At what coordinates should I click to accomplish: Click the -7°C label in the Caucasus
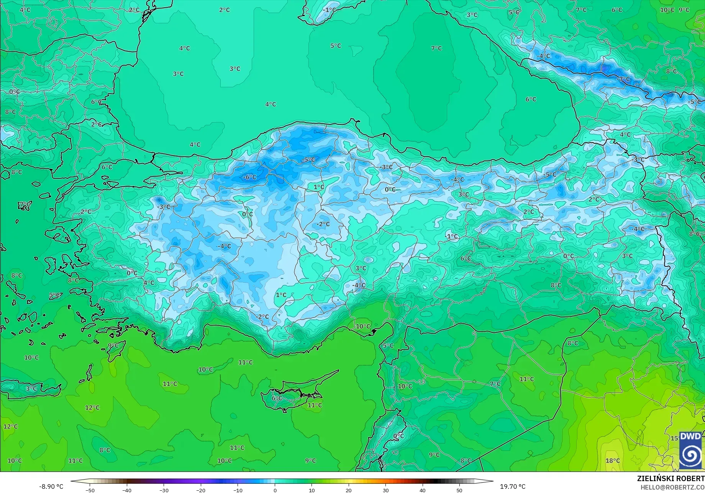(x=624, y=79)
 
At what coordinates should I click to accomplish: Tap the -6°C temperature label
(x=250, y=177)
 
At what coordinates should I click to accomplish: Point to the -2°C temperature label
(x=323, y=224)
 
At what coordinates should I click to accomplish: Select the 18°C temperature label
(x=612, y=461)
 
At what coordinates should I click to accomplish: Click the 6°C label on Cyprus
(x=277, y=398)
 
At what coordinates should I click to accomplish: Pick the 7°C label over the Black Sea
(x=436, y=48)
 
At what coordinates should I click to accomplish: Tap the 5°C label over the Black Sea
(x=336, y=46)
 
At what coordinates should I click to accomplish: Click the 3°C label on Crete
(x=31, y=389)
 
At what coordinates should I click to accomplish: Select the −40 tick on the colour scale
(x=127, y=490)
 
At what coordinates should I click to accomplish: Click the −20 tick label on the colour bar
(x=201, y=490)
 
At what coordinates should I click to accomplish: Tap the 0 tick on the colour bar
(x=275, y=490)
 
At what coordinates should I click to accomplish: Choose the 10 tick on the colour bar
(x=312, y=490)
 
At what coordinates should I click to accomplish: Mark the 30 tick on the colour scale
(x=385, y=490)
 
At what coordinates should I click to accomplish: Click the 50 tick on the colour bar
(x=459, y=490)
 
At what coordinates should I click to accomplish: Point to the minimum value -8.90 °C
(x=51, y=486)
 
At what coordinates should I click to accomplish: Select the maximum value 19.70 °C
(x=513, y=486)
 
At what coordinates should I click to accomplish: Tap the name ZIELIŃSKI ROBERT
(x=671, y=478)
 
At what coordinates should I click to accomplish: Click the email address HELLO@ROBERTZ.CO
(x=673, y=487)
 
